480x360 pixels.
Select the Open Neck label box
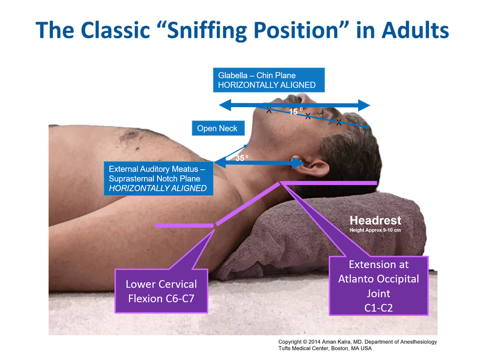point(218,128)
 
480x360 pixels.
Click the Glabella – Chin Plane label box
point(269,80)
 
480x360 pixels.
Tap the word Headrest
point(375,220)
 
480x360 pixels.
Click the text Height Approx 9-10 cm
point(375,230)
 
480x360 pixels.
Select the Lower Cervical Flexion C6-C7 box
point(161,291)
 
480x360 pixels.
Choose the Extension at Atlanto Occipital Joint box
point(378,286)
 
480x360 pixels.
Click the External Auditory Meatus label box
point(158,179)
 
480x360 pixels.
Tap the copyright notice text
point(357,342)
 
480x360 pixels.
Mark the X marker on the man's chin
point(269,110)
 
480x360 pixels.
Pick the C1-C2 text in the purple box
point(378,307)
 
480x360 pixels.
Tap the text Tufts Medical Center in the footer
point(308,348)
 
